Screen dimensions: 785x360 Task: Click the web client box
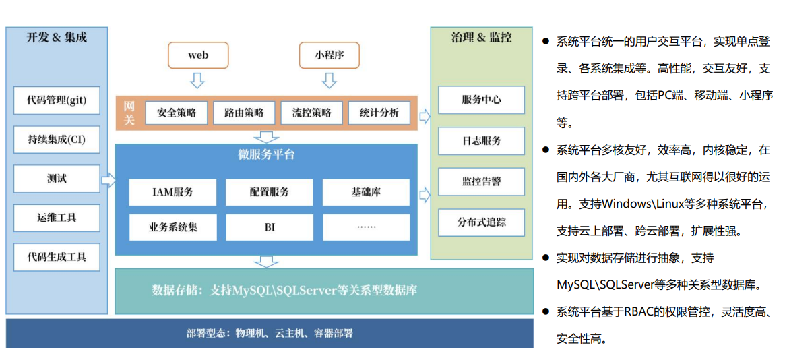coord(197,55)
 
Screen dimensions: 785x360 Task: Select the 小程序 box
coord(329,55)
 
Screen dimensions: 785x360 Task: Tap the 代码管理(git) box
coord(57,100)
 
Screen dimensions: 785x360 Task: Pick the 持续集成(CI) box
coord(57,139)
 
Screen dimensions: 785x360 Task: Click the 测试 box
coord(57,178)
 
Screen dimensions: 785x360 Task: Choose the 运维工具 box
coord(57,218)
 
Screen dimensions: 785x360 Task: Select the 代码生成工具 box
coord(57,257)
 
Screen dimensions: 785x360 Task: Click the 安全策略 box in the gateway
coord(177,113)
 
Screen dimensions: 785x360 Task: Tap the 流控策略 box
coord(312,113)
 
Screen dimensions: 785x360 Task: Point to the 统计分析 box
coord(379,113)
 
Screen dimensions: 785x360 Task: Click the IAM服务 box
coord(172,192)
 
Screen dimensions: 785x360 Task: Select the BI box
coord(270,227)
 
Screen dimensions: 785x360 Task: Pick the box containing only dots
coord(367,227)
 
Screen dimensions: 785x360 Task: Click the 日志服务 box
coord(481,140)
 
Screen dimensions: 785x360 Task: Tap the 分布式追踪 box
coord(481,222)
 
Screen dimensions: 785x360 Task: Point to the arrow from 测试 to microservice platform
coord(108,180)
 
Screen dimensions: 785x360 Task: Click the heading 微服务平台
coord(266,154)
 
